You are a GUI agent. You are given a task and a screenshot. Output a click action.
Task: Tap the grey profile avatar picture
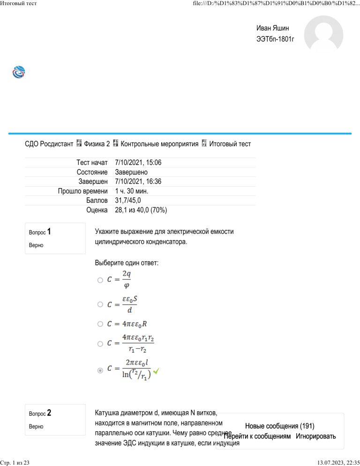pos(323,38)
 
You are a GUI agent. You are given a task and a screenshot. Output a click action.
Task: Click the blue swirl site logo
pos(19,73)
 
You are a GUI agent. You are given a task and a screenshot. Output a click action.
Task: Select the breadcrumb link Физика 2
pos(97,143)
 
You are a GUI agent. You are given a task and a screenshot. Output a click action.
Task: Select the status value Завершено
pos(132,172)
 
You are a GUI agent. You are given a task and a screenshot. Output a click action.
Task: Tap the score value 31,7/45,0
pos(130,200)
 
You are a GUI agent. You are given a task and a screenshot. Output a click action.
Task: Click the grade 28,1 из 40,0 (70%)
pos(141,210)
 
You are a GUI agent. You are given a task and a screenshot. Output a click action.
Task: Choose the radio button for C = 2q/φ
pos(100,280)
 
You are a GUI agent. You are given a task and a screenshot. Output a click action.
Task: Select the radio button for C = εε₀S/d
pos(100,304)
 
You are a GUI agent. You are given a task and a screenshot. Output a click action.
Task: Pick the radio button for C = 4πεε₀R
pos(100,324)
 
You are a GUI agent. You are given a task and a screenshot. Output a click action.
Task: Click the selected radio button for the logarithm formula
pos(100,370)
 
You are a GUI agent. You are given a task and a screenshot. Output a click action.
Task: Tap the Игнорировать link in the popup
pos(316,436)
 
